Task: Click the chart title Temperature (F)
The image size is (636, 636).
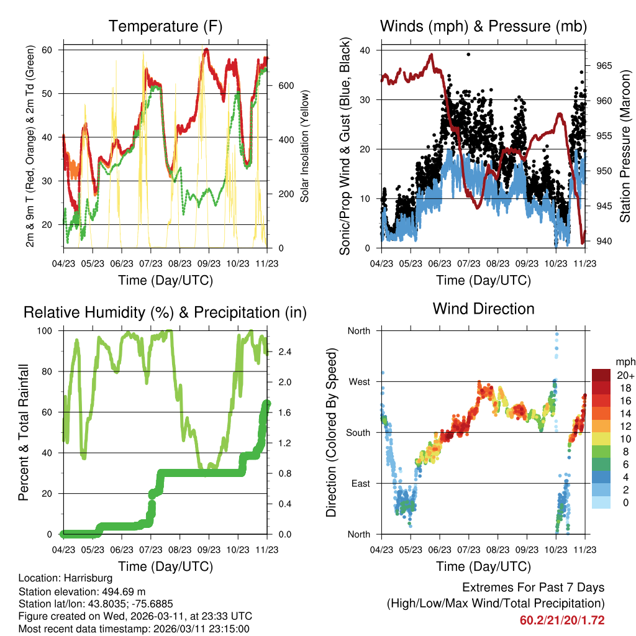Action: pos(165,27)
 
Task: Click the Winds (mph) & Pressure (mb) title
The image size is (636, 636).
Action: pos(483,27)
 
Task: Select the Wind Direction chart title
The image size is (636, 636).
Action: pos(483,309)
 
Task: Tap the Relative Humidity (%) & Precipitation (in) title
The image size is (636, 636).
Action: pos(165,312)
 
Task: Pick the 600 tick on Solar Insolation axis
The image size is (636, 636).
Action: pos(285,85)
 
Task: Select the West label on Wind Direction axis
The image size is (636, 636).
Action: pos(359,381)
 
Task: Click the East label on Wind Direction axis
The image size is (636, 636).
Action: pos(360,483)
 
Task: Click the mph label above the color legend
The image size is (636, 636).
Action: pos(625,361)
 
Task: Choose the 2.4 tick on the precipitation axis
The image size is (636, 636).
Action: pos(285,352)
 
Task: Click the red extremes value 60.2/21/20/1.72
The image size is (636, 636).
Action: pos(562,620)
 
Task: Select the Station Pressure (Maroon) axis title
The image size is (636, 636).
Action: pos(625,146)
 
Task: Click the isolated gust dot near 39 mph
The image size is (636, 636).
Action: pos(468,55)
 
